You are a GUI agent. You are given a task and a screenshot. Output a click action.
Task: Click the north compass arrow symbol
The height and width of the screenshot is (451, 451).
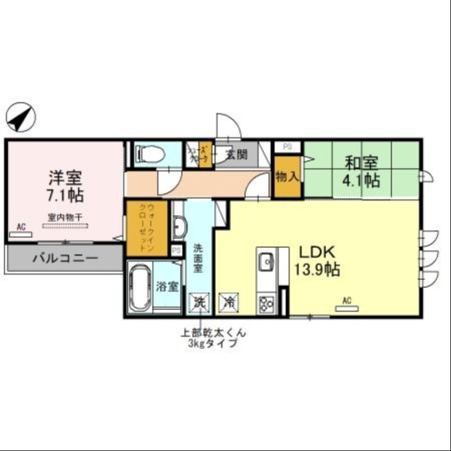click(21, 118)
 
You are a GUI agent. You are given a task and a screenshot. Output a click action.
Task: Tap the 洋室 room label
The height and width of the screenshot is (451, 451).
click(65, 178)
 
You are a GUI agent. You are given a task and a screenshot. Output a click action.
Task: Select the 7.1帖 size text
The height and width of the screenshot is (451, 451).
click(65, 196)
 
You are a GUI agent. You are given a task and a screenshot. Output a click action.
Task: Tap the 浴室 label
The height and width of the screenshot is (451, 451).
click(167, 286)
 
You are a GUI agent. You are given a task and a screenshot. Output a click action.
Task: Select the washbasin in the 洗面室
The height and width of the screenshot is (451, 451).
click(179, 228)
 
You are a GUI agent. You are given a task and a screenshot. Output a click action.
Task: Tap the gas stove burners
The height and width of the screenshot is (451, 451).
click(266, 304)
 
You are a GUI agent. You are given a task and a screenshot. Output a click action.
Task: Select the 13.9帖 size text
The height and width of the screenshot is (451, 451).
click(315, 270)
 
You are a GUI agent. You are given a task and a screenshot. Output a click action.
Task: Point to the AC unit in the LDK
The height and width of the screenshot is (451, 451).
click(347, 307)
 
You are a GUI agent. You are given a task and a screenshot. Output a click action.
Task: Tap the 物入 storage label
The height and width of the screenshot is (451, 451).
click(287, 177)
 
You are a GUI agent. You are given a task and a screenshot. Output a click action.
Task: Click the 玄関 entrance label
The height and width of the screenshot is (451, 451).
click(236, 153)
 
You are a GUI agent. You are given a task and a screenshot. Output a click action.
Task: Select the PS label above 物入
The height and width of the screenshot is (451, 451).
click(288, 147)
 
